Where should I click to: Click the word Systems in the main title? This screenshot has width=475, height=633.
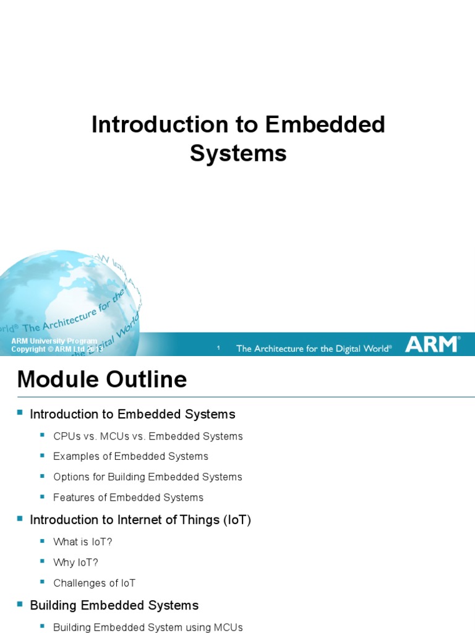[x=238, y=153]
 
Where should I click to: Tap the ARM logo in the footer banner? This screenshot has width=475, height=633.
[x=432, y=344]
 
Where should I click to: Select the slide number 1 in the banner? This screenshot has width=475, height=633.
[x=219, y=349]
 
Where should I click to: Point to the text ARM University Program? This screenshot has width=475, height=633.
[x=54, y=341]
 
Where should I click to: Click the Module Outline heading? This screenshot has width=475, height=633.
[x=102, y=379]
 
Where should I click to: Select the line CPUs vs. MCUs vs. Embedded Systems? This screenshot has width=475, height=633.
[x=148, y=436]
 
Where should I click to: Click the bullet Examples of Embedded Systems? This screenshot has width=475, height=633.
[x=131, y=457]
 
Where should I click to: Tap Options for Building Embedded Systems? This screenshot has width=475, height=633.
[x=147, y=477]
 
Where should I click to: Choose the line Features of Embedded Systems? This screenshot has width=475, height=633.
[x=128, y=498]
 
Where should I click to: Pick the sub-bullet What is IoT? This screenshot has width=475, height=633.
[x=82, y=542]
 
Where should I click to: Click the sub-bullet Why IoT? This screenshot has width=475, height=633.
[x=75, y=563]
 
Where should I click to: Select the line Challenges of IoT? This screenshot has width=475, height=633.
[x=94, y=583]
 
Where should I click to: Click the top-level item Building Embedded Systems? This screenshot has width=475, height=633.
[x=114, y=605]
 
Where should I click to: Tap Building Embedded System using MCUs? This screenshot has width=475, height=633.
[x=148, y=627]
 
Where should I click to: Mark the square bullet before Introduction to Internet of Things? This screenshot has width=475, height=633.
[x=19, y=518]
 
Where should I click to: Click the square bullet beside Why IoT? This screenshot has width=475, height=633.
[x=43, y=561]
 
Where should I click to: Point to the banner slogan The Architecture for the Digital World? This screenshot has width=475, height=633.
[x=314, y=349]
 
